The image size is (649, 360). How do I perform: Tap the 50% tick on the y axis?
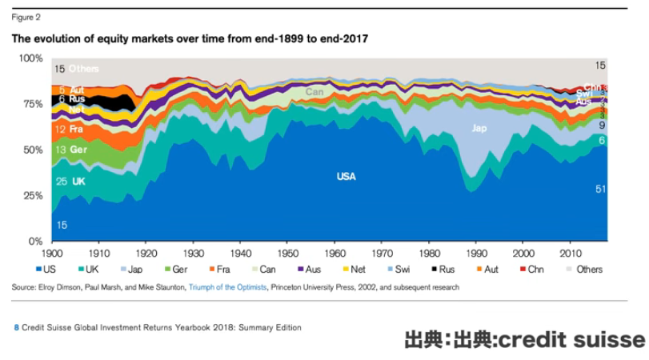33,150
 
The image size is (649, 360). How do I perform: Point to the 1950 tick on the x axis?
287,250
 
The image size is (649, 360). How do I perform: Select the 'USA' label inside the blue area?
346,176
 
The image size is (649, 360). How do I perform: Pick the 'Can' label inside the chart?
315,93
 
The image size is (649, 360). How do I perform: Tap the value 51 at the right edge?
601,189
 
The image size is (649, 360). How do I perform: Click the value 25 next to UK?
61,182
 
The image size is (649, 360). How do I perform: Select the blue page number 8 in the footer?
16,327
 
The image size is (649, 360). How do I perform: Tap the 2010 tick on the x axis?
571,250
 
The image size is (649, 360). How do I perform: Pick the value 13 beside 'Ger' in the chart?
61,150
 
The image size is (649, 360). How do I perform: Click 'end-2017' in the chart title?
343,38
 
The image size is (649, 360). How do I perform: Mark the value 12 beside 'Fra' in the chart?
61,128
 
